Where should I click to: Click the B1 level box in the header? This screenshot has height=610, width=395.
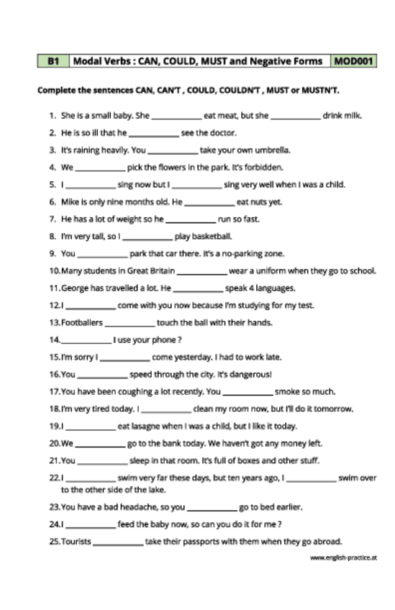53,62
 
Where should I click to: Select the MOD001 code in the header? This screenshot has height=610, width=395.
354,62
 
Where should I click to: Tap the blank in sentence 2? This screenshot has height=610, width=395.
153,133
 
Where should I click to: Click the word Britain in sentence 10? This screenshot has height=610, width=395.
158,271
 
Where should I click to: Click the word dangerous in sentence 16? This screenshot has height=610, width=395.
252,375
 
